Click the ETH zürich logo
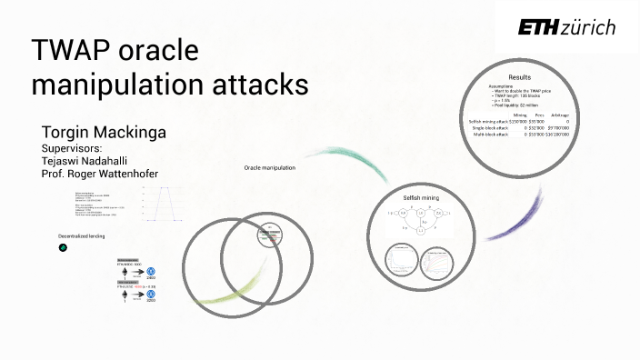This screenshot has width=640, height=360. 566,27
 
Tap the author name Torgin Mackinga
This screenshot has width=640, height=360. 104,134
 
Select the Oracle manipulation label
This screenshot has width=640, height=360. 270,167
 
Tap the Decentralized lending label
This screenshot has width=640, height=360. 81,236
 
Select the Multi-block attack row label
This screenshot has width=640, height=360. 488,134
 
